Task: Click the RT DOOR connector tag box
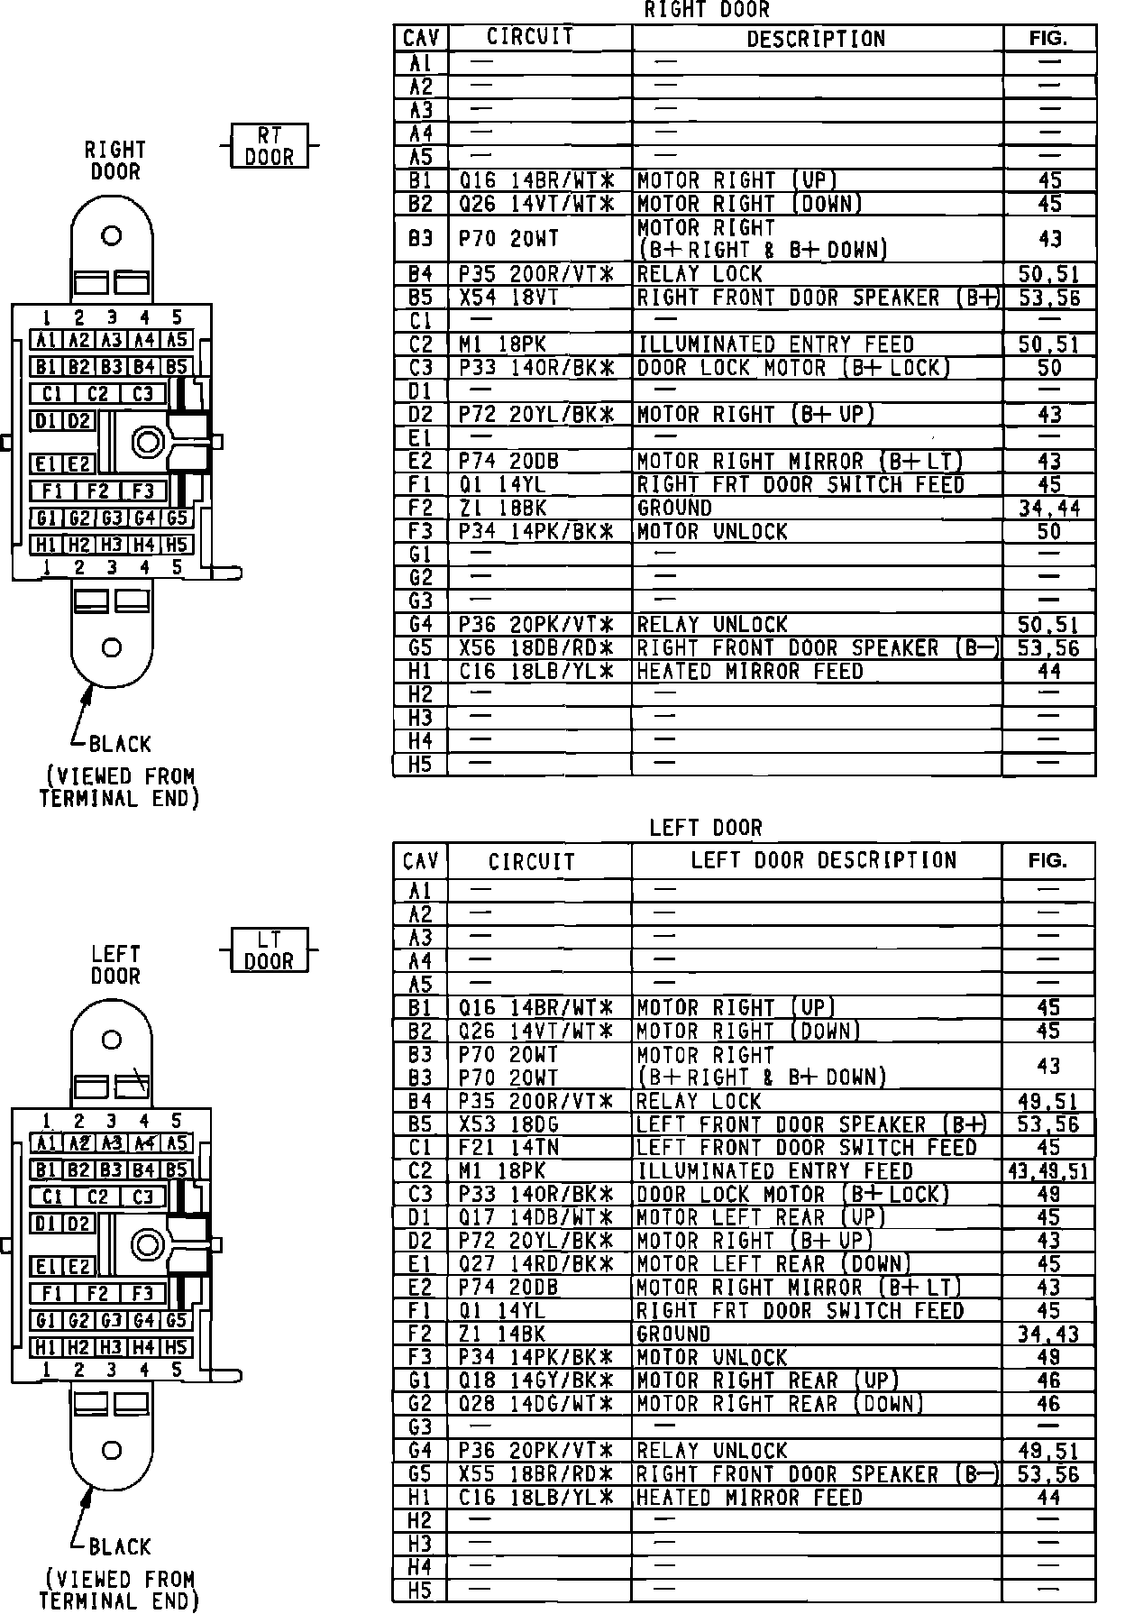[x=269, y=146]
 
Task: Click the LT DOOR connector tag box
[x=269, y=950]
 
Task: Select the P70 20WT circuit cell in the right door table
[x=508, y=239]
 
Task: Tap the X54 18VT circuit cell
[x=508, y=298]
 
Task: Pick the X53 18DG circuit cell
[x=508, y=1124]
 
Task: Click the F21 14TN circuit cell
[x=508, y=1148]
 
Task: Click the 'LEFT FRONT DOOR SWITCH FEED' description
[x=806, y=1148]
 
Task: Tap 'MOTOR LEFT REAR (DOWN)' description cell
[x=773, y=1264]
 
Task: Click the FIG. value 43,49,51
[x=1048, y=1171]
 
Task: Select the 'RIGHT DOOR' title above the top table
[x=707, y=10]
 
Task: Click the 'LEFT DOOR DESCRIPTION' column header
[x=823, y=860]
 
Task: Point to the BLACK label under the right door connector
[x=120, y=745]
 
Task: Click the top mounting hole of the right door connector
[x=112, y=236]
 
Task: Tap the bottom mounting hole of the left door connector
[x=112, y=1451]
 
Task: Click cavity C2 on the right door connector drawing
[x=97, y=394]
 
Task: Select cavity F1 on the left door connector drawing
[x=52, y=1294]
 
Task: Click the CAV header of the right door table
[x=421, y=38]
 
